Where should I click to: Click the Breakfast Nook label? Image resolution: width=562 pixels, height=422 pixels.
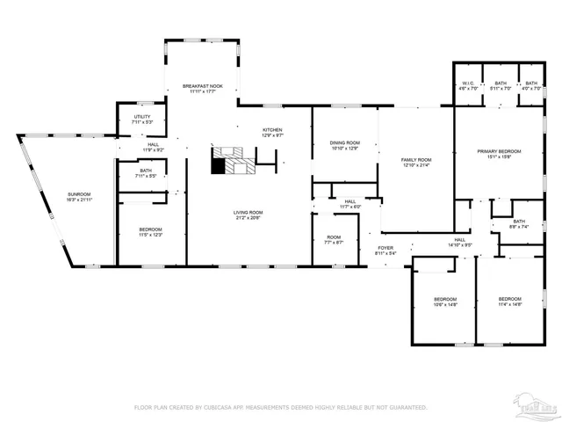point(203,87)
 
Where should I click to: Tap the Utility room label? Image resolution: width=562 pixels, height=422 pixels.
point(141,119)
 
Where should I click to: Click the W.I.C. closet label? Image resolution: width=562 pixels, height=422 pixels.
point(467,85)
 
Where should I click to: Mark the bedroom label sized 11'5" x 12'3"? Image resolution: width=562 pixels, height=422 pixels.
point(149,232)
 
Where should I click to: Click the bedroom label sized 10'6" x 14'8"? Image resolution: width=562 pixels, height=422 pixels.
point(445,302)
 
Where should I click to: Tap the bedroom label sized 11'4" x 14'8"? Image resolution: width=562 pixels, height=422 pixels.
point(509,302)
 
